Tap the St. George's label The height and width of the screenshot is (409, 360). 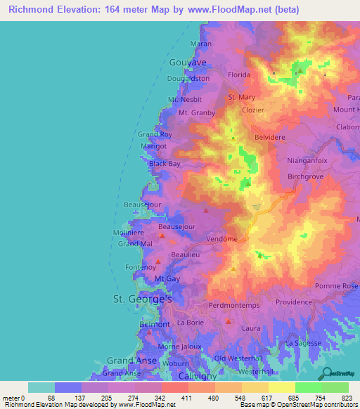(143, 299)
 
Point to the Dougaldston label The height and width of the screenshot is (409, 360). (189, 79)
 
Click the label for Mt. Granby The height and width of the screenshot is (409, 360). (196, 112)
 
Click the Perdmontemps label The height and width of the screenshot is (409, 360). (235, 306)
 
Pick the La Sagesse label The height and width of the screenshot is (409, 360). (304, 342)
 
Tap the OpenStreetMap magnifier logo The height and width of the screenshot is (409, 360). (327, 373)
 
